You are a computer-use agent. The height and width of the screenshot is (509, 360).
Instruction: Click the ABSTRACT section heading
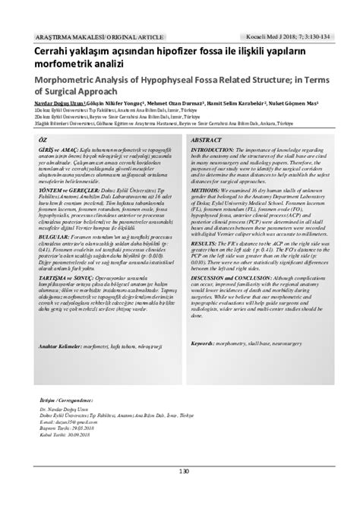coord(207,141)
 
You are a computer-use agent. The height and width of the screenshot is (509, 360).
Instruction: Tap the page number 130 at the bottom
coord(180,494)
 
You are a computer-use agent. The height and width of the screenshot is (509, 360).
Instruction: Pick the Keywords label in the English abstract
coord(205,343)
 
